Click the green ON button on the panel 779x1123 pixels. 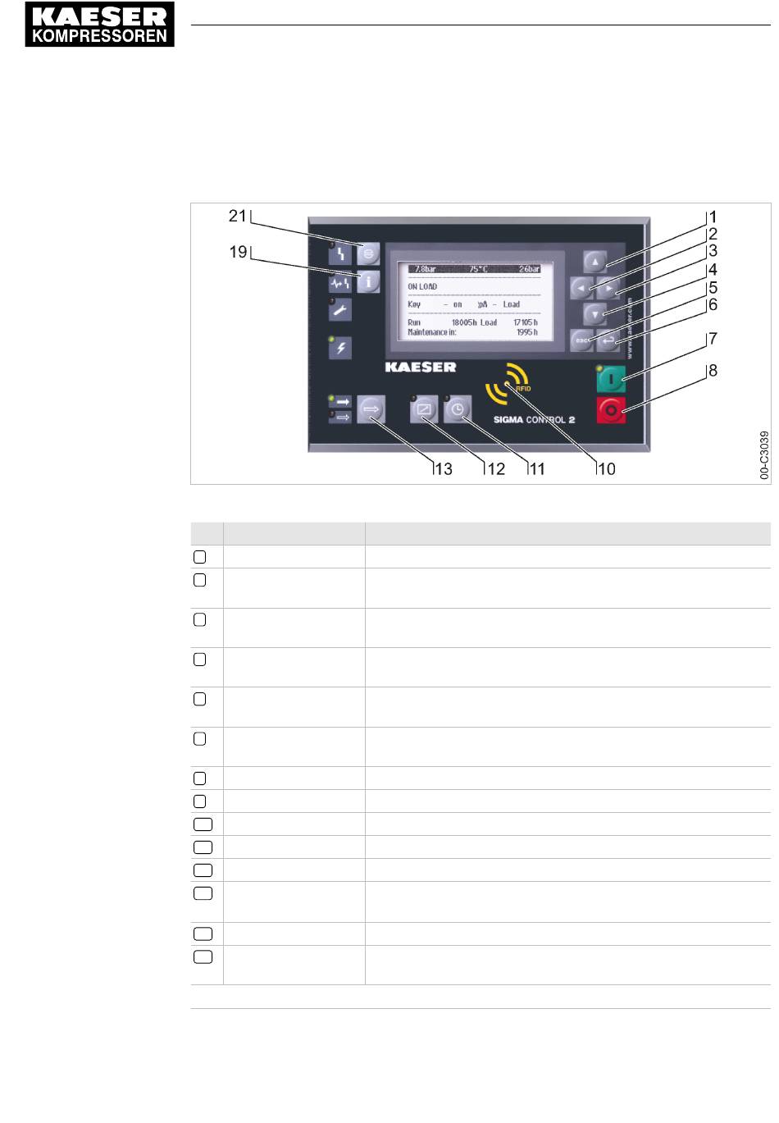(612, 379)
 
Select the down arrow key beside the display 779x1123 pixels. (594, 313)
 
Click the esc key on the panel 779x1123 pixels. (581, 340)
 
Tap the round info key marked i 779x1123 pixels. (368, 281)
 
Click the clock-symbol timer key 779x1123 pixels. (458, 409)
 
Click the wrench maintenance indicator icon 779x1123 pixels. (340, 310)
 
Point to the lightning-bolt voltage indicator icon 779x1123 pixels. (340, 348)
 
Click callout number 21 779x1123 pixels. (237, 216)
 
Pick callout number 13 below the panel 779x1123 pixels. (443, 469)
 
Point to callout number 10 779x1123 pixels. (606, 469)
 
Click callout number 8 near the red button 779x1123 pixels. (713, 371)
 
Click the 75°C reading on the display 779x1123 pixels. (478, 268)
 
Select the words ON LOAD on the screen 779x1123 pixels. (422, 286)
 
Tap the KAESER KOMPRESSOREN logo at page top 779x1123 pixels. (100, 25)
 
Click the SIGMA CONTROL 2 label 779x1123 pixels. (534, 419)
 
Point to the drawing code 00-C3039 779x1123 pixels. (764, 455)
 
